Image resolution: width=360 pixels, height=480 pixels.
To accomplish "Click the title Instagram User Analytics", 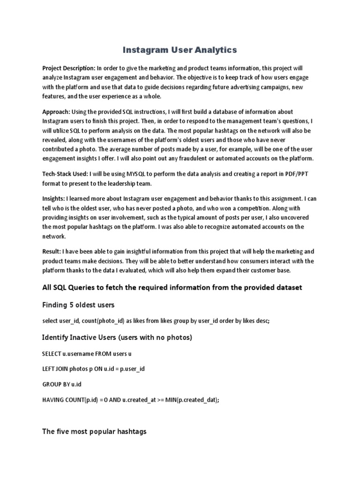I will pos(180,49).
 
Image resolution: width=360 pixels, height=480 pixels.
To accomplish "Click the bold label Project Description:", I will pos(69,68).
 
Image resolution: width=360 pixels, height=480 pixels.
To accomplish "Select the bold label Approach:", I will pos(56,112).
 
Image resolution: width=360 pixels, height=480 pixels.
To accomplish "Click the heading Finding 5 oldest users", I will pos(78,305).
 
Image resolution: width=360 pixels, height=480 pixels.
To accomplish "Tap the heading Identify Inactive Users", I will pos(117,337).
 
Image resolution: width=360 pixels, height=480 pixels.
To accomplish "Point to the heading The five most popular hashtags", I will pos(94,431).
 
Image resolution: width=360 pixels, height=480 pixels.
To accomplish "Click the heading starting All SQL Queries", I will pos(172,287).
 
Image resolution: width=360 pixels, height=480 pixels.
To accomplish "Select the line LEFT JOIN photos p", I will pos(93,368).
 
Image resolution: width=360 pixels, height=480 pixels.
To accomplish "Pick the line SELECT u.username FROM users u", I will pos(85,352).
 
